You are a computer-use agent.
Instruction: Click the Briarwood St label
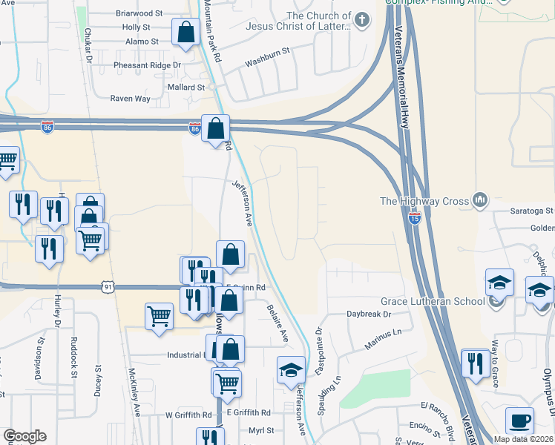tap(139, 13)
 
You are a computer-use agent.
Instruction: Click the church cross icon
tap(361, 20)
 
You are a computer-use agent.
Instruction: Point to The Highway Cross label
tap(424, 201)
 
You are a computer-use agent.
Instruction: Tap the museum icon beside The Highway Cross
tap(480, 200)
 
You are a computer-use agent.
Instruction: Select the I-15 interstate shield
tap(414, 219)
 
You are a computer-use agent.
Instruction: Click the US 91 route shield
tap(110, 286)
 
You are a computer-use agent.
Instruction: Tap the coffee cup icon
tap(519, 421)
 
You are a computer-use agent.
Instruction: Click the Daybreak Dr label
tap(369, 314)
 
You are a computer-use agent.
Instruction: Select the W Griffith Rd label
tap(188, 415)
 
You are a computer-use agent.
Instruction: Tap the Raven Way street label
tap(130, 99)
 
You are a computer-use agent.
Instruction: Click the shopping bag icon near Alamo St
tap(185, 33)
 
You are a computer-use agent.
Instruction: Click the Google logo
tap(24, 436)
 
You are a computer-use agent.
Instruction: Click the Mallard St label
tap(185, 88)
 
